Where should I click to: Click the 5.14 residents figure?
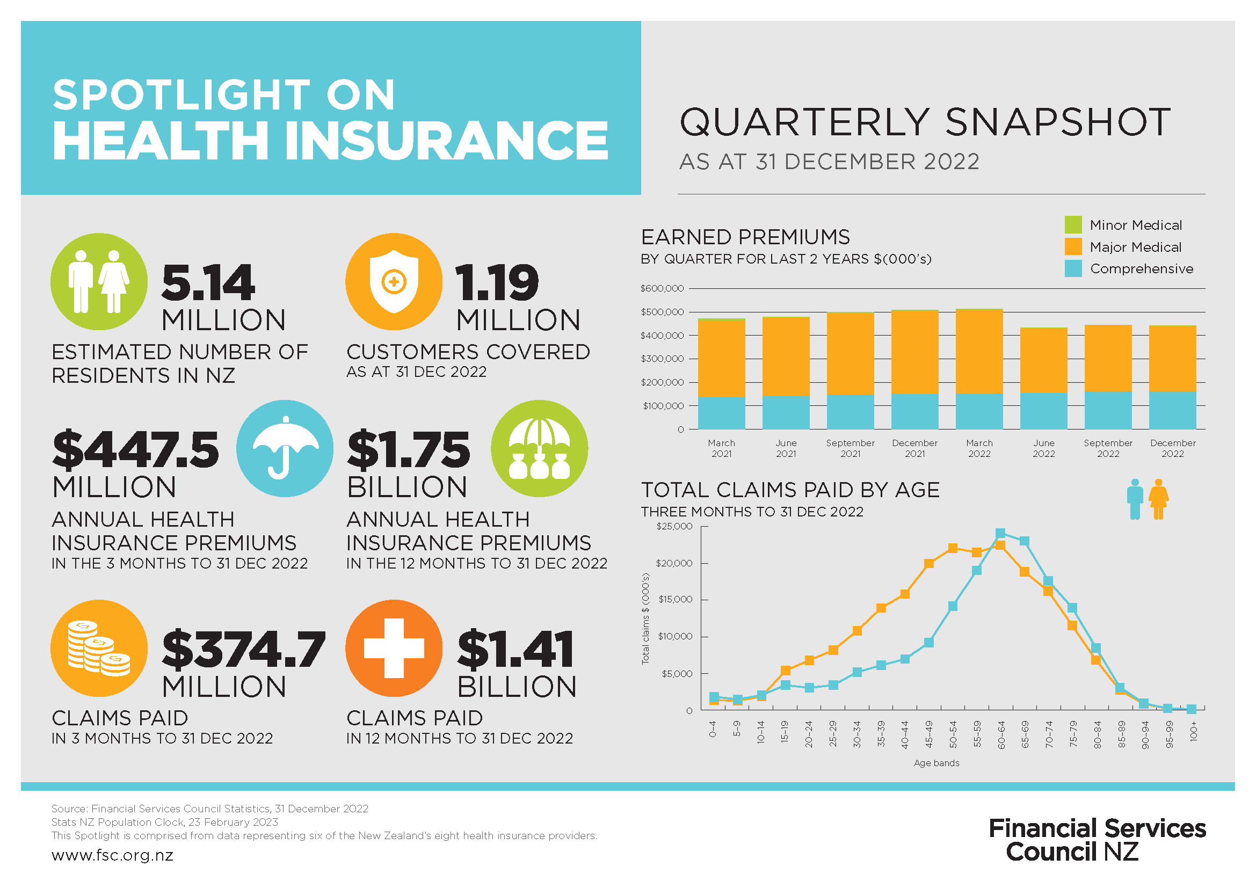point(208,283)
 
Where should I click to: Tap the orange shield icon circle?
point(393,282)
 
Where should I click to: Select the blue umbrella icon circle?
point(285,448)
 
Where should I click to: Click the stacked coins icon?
point(99,648)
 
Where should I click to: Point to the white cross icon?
point(394,648)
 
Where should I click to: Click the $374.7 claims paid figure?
point(243,650)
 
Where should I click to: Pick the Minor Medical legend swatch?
point(1073,225)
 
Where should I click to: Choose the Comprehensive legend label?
point(1141,269)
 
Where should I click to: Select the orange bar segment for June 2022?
point(1043,360)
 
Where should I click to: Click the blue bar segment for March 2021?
point(721,413)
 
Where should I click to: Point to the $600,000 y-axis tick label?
point(662,288)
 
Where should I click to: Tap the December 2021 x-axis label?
point(914,448)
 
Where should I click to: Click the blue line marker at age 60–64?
point(1000,533)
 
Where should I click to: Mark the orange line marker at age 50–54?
point(953,548)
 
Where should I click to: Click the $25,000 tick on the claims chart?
point(674,526)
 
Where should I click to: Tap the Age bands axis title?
point(936,763)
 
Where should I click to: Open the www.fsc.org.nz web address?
point(112,855)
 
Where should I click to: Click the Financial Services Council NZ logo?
point(1097,840)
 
